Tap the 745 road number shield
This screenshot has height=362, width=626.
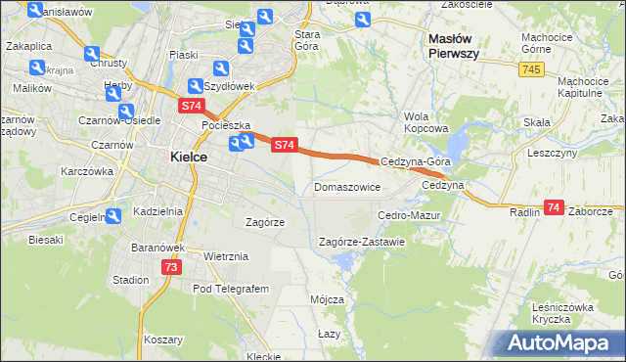[x=532, y=69]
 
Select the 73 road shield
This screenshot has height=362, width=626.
[x=171, y=267]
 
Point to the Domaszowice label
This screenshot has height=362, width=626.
[x=347, y=187]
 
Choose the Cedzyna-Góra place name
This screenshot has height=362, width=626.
[x=415, y=162]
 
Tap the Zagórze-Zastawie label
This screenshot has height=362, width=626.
[x=362, y=242]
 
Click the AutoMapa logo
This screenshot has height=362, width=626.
[x=562, y=342]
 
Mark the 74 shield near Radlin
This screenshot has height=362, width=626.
[x=555, y=207]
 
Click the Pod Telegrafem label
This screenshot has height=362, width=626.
[x=230, y=290]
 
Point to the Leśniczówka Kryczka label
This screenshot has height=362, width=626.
[x=564, y=313]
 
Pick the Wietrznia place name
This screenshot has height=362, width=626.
[x=226, y=256]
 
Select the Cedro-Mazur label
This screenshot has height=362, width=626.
[x=410, y=214]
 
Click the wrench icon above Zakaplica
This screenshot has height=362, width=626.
[x=36, y=12]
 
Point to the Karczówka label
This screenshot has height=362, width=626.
[x=87, y=171]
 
